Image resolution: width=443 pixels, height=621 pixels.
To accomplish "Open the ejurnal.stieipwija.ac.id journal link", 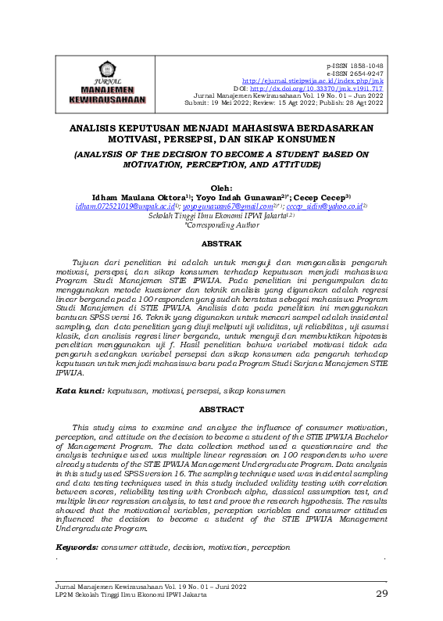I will [313, 81].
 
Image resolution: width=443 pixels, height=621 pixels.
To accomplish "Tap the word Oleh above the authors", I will [221, 187].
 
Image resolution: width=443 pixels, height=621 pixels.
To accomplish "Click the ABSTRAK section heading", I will [221, 243].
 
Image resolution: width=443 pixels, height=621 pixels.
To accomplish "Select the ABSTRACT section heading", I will [221, 409].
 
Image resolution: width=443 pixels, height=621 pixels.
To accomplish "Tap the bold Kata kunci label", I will [80, 389].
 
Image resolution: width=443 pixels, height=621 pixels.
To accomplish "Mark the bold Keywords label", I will [77, 546].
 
